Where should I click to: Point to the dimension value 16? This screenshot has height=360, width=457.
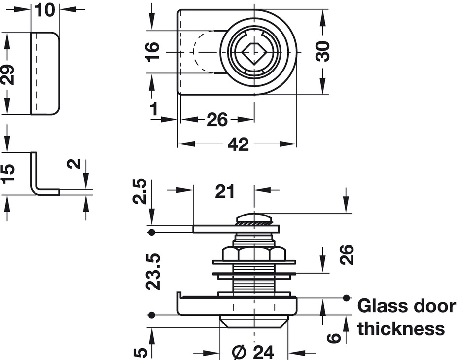153,52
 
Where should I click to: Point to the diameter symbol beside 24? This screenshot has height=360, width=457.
238,352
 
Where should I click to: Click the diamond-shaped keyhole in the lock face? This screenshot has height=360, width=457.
253,52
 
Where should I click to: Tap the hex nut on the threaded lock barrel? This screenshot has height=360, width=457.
254,253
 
